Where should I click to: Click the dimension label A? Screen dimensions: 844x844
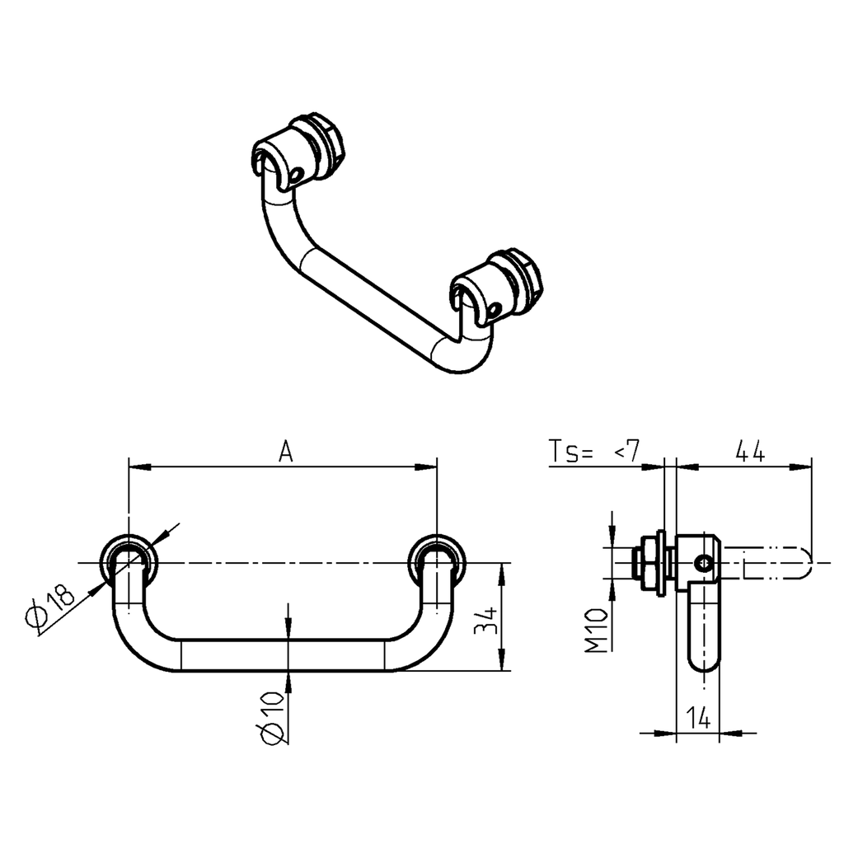(285, 452)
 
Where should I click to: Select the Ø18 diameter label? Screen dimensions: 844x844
(51, 607)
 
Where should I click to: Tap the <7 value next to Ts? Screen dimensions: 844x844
(626, 452)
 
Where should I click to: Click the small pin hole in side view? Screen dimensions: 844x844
(702, 564)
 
